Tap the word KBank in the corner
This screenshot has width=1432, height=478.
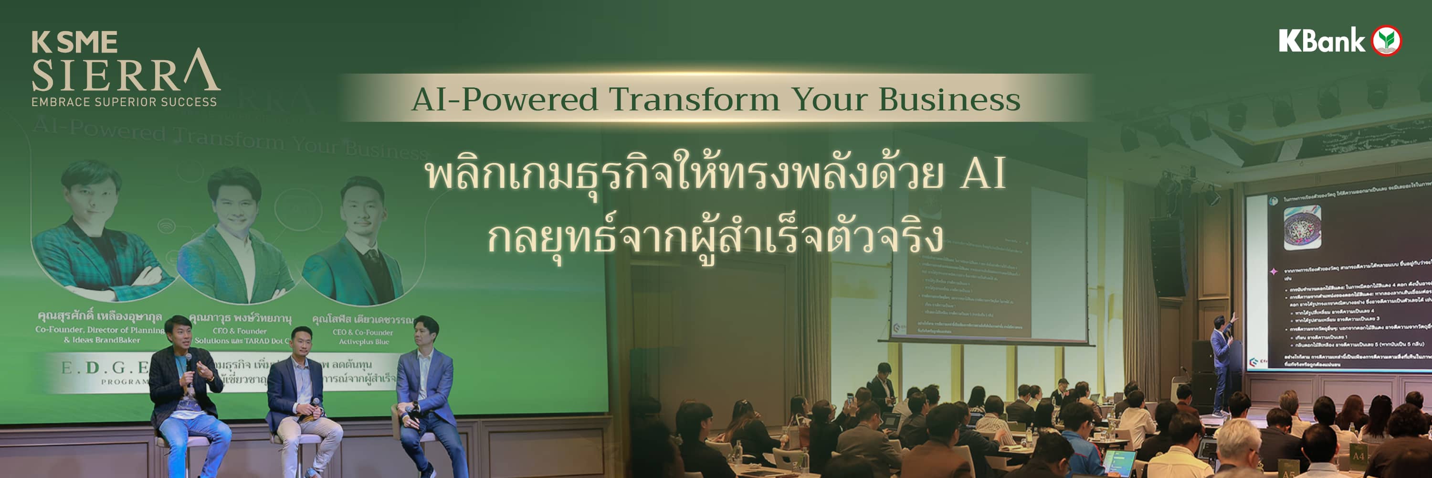pyautogui.click(x=1321, y=41)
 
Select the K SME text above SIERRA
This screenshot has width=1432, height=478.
pyautogui.click(x=74, y=42)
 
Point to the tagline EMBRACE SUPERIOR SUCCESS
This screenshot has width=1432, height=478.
pyautogui.click(x=124, y=102)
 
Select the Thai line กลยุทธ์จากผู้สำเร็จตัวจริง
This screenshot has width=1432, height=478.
pyautogui.click(x=716, y=239)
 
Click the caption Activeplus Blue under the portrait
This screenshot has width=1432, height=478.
pyautogui.click(x=364, y=342)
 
